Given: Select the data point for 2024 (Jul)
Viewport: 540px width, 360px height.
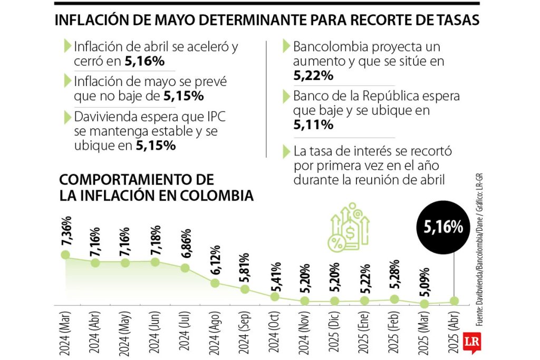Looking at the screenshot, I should pyautogui.click(x=185, y=268).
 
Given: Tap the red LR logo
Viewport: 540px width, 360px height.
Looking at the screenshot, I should pyautogui.click(x=471, y=342).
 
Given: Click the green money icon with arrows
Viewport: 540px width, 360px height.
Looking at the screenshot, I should pyautogui.click(x=349, y=228).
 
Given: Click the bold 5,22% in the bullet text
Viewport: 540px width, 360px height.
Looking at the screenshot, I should pyautogui.click(x=313, y=76).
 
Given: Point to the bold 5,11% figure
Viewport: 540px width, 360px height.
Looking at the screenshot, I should pyautogui.click(x=313, y=125).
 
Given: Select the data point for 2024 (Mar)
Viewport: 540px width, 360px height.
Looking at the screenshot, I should pyautogui.click(x=65, y=255).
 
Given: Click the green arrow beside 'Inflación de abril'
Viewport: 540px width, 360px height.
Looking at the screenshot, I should pyautogui.click(x=66, y=46).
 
